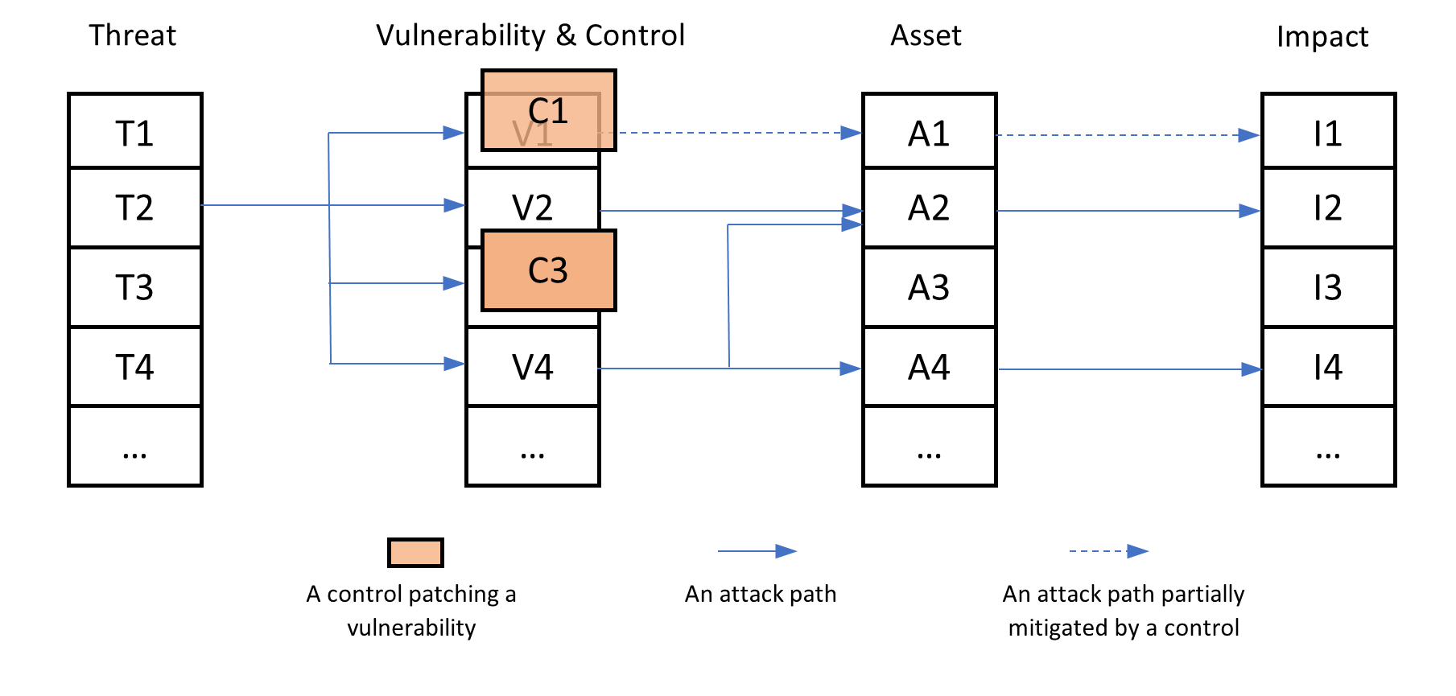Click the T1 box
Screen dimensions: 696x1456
(134, 131)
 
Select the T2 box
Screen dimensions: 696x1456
(134, 207)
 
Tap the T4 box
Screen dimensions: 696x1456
(134, 366)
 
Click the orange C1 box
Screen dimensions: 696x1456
(549, 110)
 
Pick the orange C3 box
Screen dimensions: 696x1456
(548, 270)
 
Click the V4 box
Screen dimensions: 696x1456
(532, 366)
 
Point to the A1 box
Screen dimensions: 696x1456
(929, 131)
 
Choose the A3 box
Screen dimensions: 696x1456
(929, 286)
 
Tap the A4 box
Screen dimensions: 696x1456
(929, 366)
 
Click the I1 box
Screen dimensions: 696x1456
(1328, 131)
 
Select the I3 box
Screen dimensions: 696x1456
(1328, 286)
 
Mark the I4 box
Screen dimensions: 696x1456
(1328, 366)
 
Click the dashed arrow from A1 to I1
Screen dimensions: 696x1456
(1127, 135)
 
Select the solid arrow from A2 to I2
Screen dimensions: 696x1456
(1127, 211)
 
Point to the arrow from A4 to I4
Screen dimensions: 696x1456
(1127, 369)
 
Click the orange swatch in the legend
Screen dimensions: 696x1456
(415, 553)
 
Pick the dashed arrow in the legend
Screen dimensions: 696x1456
(1108, 551)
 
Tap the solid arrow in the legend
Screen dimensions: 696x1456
(757, 551)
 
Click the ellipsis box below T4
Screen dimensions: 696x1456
(134, 445)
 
